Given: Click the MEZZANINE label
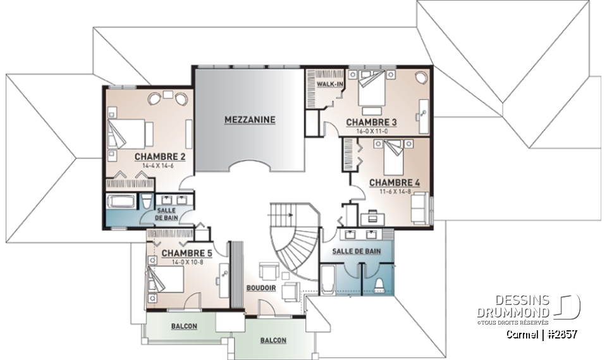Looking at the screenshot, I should (x=250, y=119).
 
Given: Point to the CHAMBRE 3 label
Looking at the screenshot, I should (x=371, y=122).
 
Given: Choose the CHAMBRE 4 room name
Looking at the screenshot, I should (x=394, y=183).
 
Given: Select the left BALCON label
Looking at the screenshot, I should (x=183, y=326).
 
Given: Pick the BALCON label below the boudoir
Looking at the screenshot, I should (x=273, y=340).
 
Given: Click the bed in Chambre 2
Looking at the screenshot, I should (x=130, y=134).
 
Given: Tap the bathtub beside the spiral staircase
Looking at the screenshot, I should (x=328, y=280).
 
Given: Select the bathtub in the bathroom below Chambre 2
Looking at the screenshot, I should (x=120, y=203).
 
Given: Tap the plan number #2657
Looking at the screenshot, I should (x=560, y=334).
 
